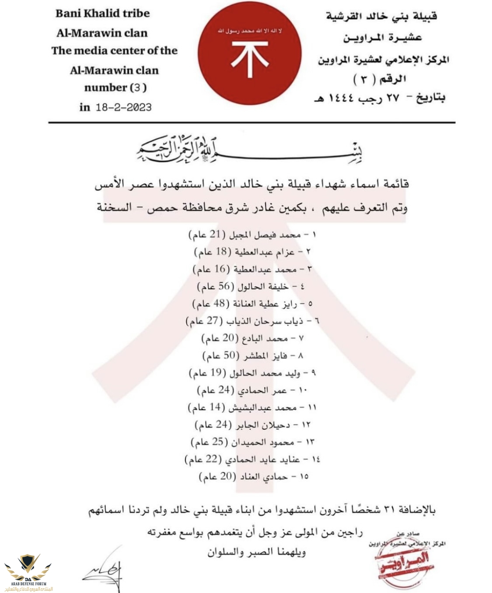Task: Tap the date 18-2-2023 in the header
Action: point(123,107)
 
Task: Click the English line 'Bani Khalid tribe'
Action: point(102,14)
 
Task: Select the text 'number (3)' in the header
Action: point(115,88)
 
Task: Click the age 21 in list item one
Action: point(215,234)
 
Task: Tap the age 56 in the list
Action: point(224,286)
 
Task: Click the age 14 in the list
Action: point(215,407)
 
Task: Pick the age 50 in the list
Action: point(230,355)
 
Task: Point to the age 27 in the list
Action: point(212,321)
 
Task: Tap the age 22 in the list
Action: point(212,459)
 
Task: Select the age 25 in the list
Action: point(218,441)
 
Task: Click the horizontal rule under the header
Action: point(251,123)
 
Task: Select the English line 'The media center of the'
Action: point(115,51)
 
